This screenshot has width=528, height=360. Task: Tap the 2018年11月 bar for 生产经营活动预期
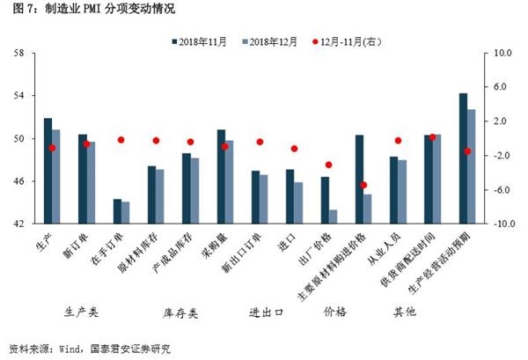click(x=463, y=158)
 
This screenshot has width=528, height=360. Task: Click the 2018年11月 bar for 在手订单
click(x=117, y=211)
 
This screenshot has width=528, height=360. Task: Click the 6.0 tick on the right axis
click(x=497, y=87)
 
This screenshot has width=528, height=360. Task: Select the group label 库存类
click(x=180, y=312)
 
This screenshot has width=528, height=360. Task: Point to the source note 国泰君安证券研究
click(x=131, y=349)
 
